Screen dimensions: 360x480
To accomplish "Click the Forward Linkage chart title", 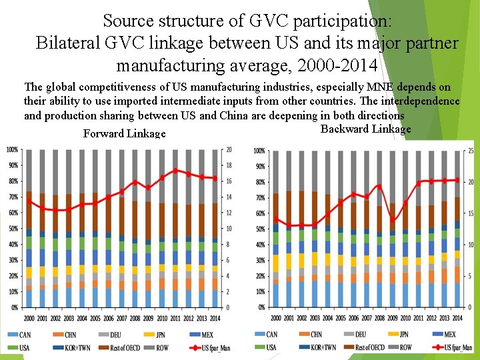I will pos(124,134).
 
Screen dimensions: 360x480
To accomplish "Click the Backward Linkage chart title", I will pos(366,129).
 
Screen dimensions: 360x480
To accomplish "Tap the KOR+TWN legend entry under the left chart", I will pos(75,347).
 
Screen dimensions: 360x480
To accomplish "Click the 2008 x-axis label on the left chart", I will pos(135,318).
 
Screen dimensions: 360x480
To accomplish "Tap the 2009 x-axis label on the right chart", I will pos(393,318).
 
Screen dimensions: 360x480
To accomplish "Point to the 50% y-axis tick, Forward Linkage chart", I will pos(12,229).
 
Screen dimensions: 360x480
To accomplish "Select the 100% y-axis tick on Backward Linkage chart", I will pos(259,151).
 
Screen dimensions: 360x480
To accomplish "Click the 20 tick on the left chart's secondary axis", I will pos(229,149).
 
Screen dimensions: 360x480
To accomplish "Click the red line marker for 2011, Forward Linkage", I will pos(176,171).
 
